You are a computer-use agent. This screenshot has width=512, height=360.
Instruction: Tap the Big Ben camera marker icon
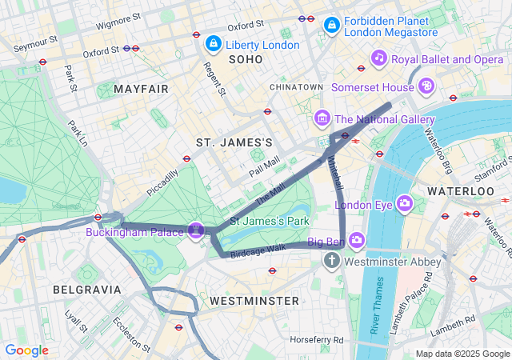coord(356,239)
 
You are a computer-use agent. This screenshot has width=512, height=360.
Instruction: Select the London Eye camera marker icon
coord(405,204)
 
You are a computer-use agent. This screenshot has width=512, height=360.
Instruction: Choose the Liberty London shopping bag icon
coord(213,43)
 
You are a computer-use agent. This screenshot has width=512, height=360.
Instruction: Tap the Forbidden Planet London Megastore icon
coord(330,26)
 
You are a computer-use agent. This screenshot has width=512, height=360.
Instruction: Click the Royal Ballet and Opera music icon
coord(379,58)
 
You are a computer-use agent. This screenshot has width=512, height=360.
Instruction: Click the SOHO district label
coord(246,59)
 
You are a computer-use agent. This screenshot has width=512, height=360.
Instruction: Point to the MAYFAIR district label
coord(141,88)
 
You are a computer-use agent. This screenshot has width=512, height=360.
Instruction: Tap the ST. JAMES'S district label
coord(234,142)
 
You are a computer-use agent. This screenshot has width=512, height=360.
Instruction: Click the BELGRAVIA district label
coord(86,289)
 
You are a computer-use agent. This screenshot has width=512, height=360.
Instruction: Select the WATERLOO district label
coord(461,191)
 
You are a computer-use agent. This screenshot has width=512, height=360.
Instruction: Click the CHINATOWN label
coord(297,86)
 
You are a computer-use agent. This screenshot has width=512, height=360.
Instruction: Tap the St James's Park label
coord(269,220)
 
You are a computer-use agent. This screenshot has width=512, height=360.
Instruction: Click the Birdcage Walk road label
coord(258,249)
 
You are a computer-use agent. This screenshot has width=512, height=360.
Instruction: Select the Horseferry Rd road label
coord(316,340)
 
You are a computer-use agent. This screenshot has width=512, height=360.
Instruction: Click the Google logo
coord(26,350)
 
